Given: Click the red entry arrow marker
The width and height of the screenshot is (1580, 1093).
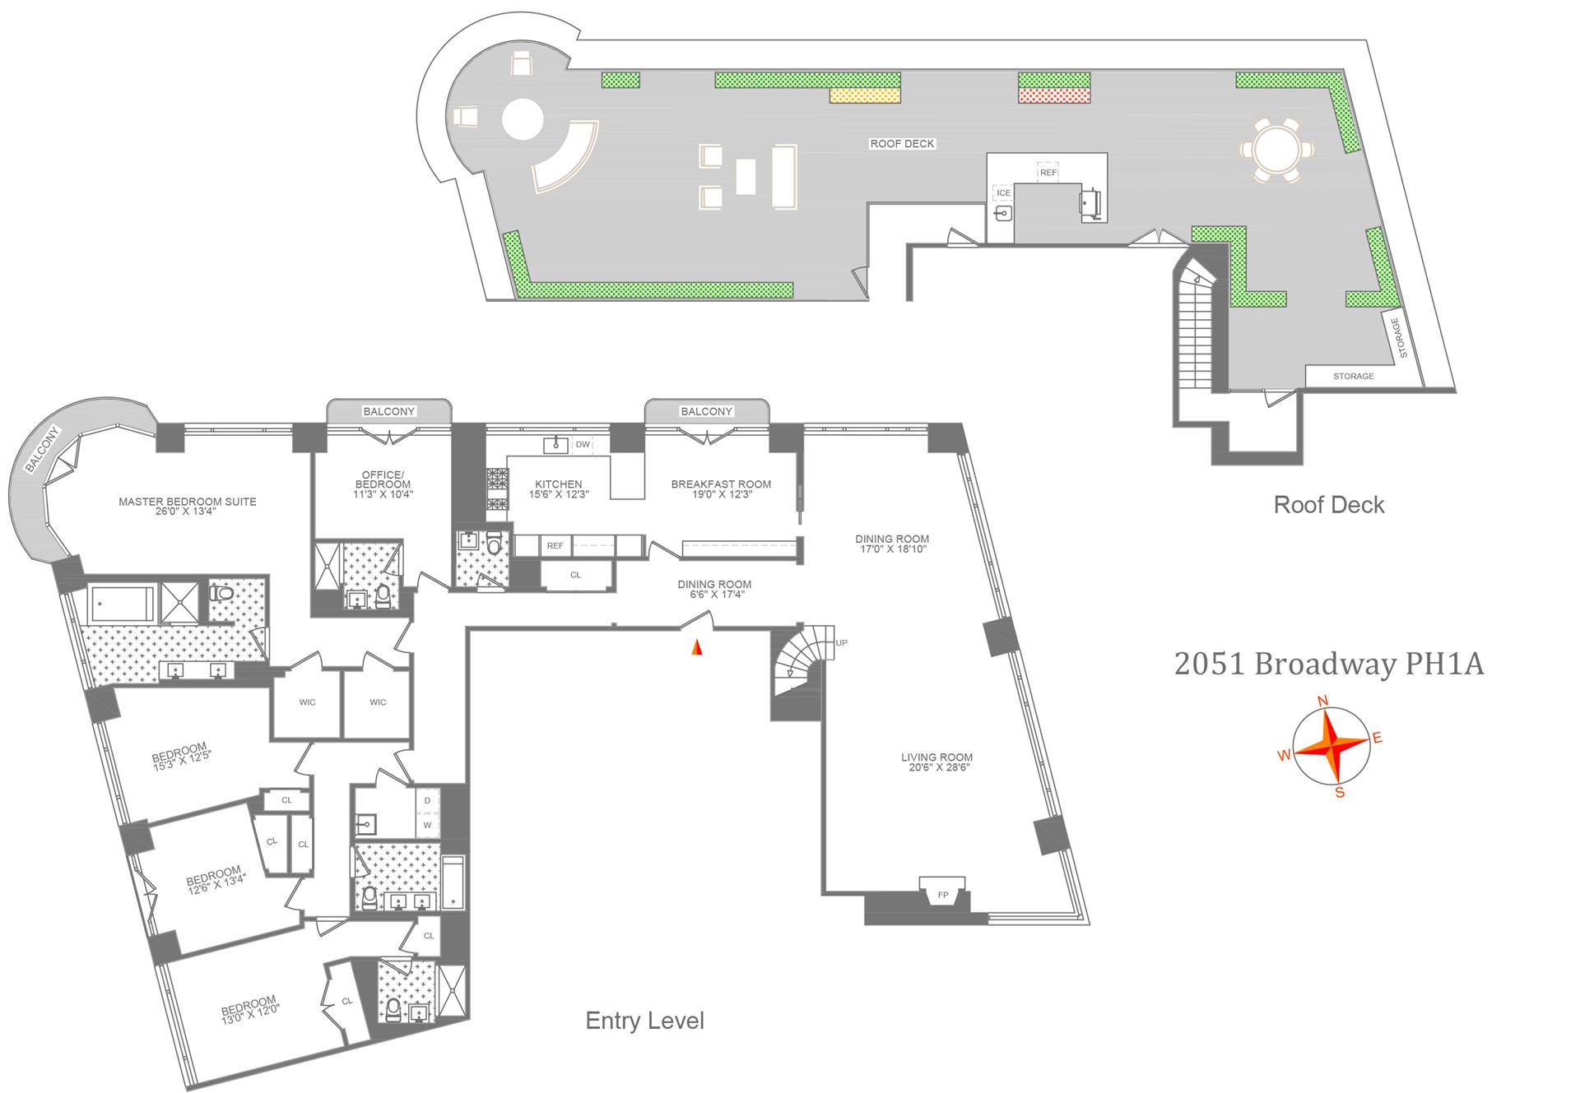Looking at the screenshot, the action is tap(696, 647).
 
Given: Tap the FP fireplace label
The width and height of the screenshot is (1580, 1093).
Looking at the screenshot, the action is tap(943, 895).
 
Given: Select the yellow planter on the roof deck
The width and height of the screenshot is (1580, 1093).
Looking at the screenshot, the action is tap(864, 95).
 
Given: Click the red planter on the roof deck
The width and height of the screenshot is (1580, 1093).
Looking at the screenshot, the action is tap(1054, 95).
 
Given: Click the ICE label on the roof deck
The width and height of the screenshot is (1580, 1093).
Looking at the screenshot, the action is tap(1003, 193).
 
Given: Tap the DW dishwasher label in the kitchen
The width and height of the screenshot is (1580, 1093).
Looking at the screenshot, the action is tap(583, 445).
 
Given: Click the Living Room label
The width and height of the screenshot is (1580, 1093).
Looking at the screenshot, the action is tap(936, 762).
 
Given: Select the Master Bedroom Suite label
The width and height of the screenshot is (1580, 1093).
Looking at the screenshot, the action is tap(188, 506).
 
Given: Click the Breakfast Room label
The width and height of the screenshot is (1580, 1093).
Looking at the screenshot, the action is tap(721, 489).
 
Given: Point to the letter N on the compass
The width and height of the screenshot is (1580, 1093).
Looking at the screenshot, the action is tap(1323, 702).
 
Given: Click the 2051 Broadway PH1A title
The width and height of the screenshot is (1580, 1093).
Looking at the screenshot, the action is tap(1328, 665).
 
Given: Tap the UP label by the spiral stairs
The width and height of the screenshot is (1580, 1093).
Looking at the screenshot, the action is tap(841, 643).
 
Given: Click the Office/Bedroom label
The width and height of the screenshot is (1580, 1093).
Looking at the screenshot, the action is tap(383, 484).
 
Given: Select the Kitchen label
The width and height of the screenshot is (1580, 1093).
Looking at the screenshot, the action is tap(558, 489).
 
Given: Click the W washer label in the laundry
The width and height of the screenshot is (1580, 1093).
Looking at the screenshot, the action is tap(427, 824).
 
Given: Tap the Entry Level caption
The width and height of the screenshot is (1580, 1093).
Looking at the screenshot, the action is tap(644, 1021).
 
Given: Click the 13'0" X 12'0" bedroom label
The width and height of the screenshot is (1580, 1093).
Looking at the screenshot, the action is tap(250, 1011).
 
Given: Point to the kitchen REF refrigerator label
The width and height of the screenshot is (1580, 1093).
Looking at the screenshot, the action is tap(555, 545).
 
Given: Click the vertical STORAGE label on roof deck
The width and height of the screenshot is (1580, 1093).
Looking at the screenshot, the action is tap(1399, 338).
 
